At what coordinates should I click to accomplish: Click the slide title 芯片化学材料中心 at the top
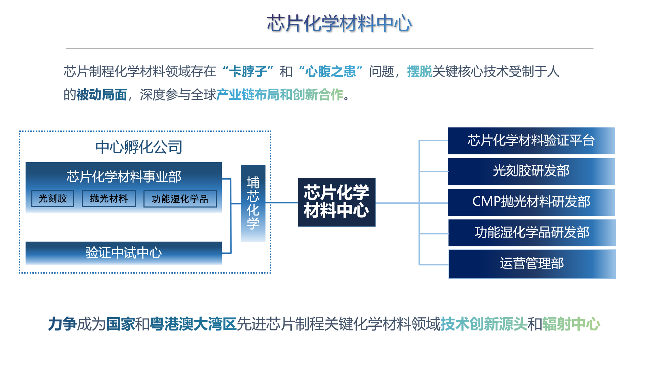pyautogui.click(x=339, y=24)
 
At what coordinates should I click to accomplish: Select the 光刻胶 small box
pyautogui.click(x=53, y=199)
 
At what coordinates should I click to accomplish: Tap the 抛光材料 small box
pyautogui.click(x=109, y=199)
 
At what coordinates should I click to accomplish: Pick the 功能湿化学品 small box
pyautogui.click(x=180, y=199)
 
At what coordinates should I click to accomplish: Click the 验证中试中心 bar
pyautogui.click(x=123, y=253)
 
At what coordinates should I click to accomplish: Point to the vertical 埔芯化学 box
pyautogui.click(x=253, y=203)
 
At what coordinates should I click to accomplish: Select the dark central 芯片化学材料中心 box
pyautogui.click(x=336, y=202)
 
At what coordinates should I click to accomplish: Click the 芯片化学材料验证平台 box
pyautogui.click(x=531, y=141)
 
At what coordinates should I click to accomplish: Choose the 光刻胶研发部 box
pyautogui.click(x=531, y=171)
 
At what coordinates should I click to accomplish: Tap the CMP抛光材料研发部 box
pyautogui.click(x=531, y=202)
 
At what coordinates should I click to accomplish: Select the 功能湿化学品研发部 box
pyautogui.click(x=532, y=233)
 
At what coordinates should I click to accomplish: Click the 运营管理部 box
pyautogui.click(x=532, y=264)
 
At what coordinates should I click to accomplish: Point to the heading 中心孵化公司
pyautogui.click(x=139, y=147)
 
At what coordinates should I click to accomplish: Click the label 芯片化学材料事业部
pyautogui.click(x=124, y=177)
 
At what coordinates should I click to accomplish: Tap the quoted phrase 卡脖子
pyautogui.click(x=248, y=72)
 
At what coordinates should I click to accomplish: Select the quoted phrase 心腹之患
pyautogui.click(x=330, y=72)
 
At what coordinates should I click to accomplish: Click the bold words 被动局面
pyautogui.click(x=102, y=95)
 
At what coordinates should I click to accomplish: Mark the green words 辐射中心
pyautogui.click(x=571, y=324)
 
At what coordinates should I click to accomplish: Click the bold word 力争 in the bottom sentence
pyautogui.click(x=62, y=324)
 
